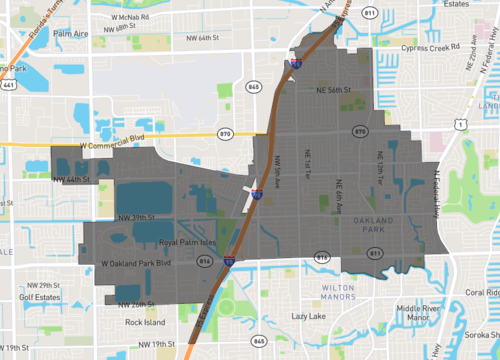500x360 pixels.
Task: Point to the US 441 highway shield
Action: click(x=9, y=87)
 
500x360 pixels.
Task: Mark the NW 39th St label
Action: click(x=138, y=217)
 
